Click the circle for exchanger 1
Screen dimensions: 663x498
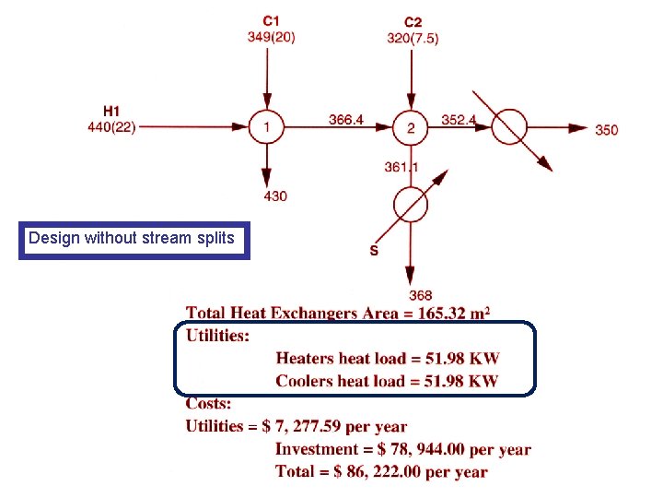pos(266,127)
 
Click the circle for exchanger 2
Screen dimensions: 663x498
pos(412,128)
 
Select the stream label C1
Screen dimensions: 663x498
pos(271,20)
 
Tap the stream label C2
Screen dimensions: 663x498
pos(413,22)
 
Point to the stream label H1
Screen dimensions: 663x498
pos(110,113)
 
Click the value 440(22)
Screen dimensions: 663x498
pos(111,127)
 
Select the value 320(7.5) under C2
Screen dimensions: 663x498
pos(413,38)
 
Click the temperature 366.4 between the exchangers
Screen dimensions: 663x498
pos(346,119)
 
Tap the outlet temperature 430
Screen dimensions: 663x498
pos(274,196)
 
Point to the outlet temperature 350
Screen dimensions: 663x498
pos(607,130)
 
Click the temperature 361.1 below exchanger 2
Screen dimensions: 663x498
pos(401,167)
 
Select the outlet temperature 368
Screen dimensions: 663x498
pos(421,295)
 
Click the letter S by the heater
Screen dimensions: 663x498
pos(374,251)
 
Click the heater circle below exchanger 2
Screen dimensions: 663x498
pos(412,205)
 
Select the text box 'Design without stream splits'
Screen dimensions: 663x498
pos(134,239)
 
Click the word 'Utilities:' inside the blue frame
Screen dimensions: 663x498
pos(217,336)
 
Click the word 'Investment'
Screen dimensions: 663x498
pos(317,449)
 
